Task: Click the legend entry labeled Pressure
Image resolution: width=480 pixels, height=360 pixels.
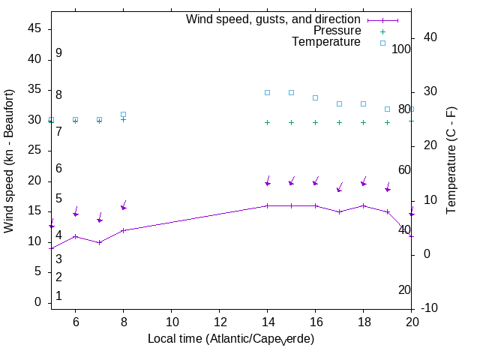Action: coord(337,31)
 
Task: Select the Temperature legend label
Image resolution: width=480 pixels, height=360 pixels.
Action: coord(326,42)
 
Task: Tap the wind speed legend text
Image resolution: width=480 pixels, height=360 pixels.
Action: coord(273,19)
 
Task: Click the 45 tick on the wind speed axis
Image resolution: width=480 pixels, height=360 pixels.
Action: coord(34,28)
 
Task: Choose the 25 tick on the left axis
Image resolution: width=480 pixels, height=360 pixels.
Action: coord(34,150)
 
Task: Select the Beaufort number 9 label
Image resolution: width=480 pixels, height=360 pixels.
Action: coord(58,53)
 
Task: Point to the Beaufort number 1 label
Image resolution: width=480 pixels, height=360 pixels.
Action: coord(58,296)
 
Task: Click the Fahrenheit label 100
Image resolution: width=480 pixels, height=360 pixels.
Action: coord(402,49)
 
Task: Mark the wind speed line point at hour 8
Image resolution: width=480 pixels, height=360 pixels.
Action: coord(123,229)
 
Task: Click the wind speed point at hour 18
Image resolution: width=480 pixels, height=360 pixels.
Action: coord(363,205)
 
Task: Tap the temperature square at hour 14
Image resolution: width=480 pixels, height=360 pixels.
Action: coord(267,92)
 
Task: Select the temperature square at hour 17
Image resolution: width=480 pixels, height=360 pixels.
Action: coord(339,103)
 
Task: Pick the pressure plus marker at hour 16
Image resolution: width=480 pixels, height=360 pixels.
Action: coord(315,122)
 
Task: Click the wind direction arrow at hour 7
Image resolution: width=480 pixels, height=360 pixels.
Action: coord(100,217)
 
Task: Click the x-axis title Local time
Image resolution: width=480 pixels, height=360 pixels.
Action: coord(230,339)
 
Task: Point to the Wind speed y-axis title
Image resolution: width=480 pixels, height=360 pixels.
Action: coord(10,161)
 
